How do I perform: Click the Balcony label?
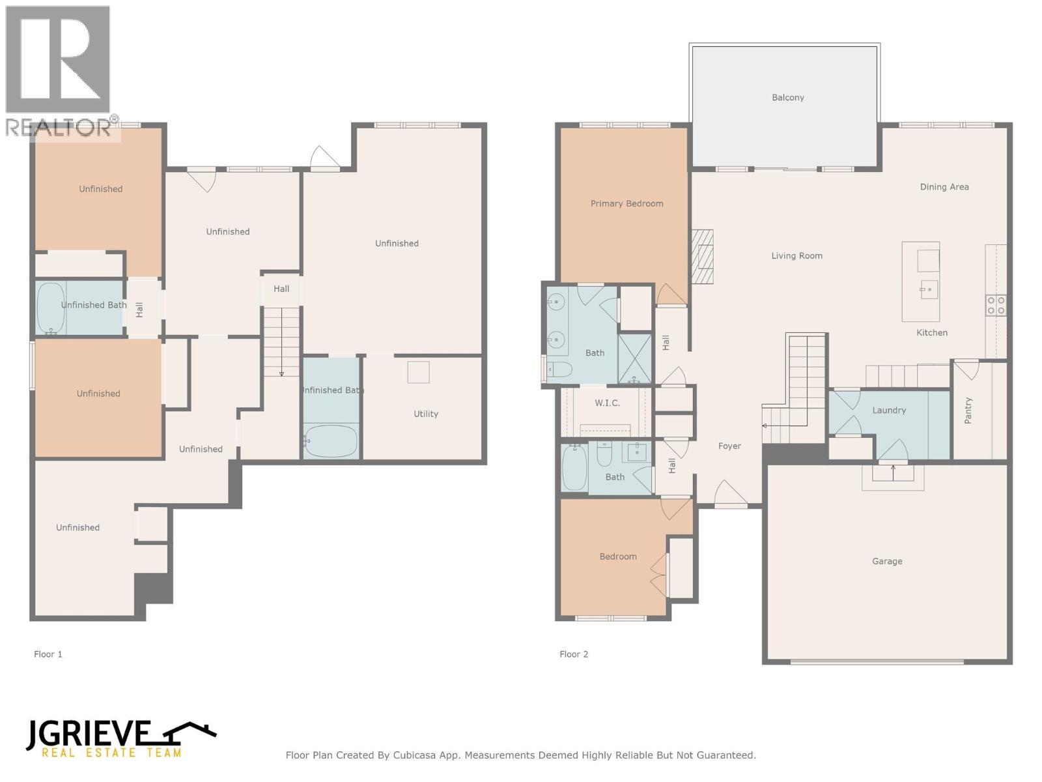(x=787, y=98)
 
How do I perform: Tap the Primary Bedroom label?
(x=627, y=203)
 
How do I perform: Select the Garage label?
(x=887, y=561)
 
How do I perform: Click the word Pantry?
(x=968, y=411)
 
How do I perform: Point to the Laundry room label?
(x=889, y=411)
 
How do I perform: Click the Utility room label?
(x=426, y=414)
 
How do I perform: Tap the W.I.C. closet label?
(x=607, y=403)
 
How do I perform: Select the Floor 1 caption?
(x=48, y=654)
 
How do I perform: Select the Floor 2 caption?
(x=574, y=654)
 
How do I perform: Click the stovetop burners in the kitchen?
(x=996, y=305)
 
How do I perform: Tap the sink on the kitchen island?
(x=929, y=289)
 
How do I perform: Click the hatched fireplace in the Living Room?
(x=702, y=257)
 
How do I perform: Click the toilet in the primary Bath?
(x=559, y=370)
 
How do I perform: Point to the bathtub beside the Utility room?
(x=331, y=441)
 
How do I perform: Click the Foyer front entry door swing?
(x=729, y=493)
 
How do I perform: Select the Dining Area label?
(x=944, y=187)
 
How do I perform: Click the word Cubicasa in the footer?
(x=417, y=755)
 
